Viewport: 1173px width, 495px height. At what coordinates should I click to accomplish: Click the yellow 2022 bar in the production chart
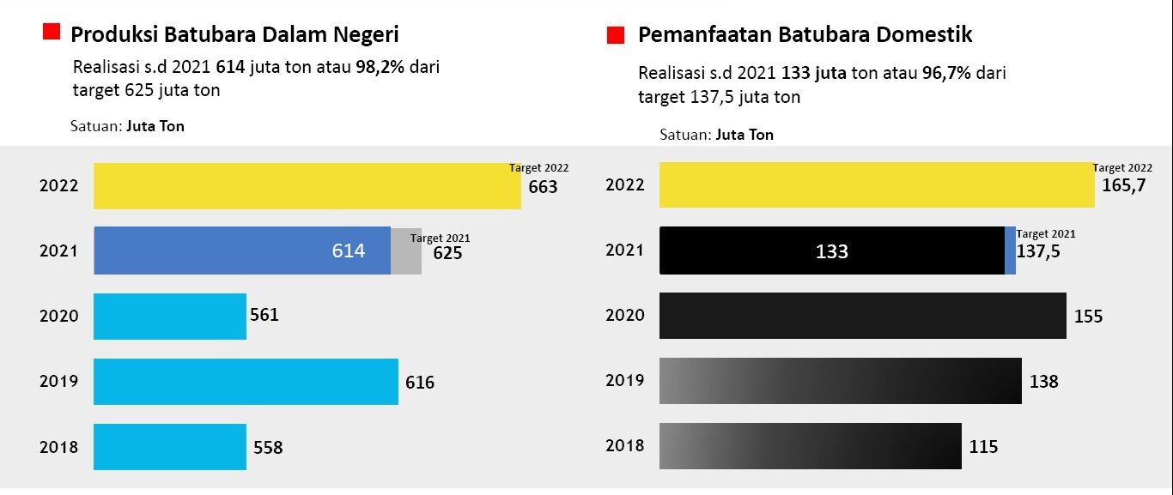tap(307, 185)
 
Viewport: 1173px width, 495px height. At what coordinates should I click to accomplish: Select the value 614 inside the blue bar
tap(349, 251)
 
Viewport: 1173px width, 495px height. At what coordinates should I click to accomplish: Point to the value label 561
tap(264, 315)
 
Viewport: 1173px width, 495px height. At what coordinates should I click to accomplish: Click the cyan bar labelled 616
tap(246, 382)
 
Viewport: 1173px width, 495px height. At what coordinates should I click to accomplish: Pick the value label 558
tap(268, 447)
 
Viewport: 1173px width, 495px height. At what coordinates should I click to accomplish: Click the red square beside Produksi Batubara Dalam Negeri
tap(52, 33)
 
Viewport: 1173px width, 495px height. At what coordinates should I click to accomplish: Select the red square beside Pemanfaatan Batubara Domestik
tap(615, 35)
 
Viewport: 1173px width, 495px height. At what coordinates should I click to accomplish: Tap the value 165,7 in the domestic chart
tap(1124, 185)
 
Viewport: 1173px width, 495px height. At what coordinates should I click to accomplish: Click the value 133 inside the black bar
tap(831, 251)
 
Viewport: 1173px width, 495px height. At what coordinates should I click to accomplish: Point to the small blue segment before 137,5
tap(1010, 251)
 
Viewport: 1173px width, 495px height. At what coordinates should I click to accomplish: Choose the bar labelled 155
tap(862, 316)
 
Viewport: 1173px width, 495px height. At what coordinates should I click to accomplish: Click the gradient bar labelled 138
tap(840, 381)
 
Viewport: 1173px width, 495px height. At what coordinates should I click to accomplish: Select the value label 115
tap(983, 447)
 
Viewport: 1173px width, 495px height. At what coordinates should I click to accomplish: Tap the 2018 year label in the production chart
tap(58, 447)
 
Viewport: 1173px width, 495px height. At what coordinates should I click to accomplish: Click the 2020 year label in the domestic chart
tap(624, 316)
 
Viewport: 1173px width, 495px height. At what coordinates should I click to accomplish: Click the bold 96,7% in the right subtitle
tap(946, 73)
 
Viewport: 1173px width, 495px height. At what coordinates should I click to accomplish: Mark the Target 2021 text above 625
tap(441, 238)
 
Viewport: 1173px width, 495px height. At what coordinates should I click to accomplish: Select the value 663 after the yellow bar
tap(543, 186)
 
